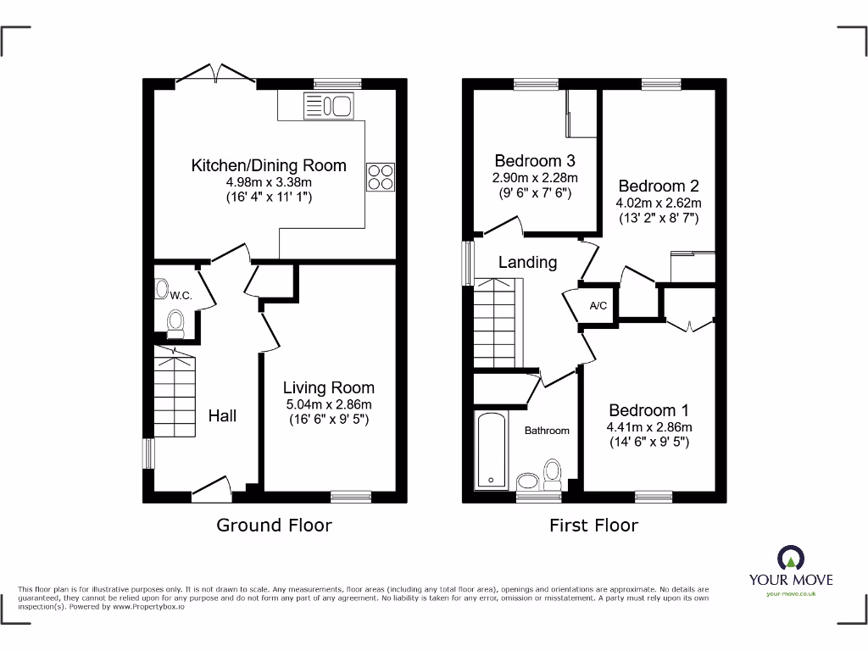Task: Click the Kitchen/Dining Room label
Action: [x=269, y=165]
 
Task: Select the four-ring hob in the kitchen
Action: [x=380, y=176]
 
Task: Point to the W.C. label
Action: [x=181, y=296]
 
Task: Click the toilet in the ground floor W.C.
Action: [x=175, y=323]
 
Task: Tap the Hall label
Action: [x=222, y=415]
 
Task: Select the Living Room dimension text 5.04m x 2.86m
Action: [x=328, y=404]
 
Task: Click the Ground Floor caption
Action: [x=274, y=525]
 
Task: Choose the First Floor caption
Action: [x=593, y=525]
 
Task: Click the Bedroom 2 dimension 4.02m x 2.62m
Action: [x=659, y=203]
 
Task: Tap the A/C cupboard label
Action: [x=598, y=305]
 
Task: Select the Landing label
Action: [x=527, y=262]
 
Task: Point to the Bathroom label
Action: [x=547, y=431]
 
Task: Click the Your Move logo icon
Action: [x=790, y=557]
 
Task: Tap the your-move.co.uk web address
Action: [x=790, y=594]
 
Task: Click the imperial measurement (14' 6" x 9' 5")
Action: [x=649, y=442]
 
